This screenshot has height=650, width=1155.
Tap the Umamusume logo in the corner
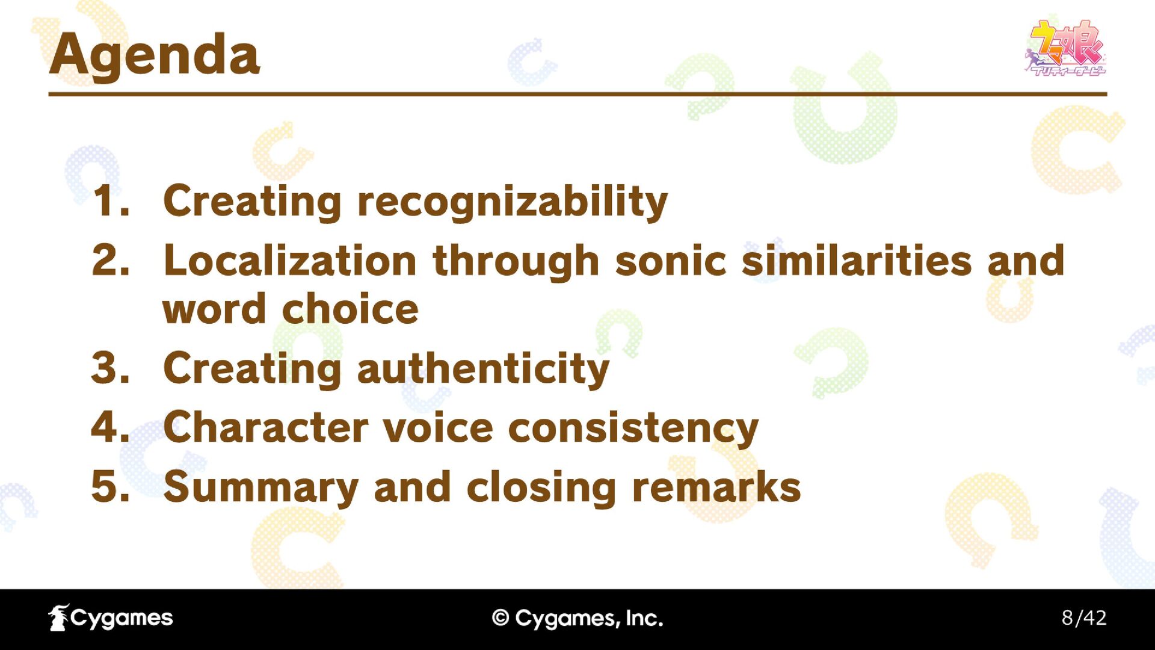1065,48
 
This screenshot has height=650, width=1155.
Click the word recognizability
512,202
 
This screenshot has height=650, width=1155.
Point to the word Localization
290,261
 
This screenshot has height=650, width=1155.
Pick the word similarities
857,261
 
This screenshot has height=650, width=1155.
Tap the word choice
350,309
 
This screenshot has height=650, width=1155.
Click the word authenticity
483,369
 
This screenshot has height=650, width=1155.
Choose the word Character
265,427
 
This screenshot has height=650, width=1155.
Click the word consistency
633,429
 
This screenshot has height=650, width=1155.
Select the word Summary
261,488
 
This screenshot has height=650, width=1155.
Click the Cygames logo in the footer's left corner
111,618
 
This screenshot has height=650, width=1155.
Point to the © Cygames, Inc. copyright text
577,618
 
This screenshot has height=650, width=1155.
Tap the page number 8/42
1084,618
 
